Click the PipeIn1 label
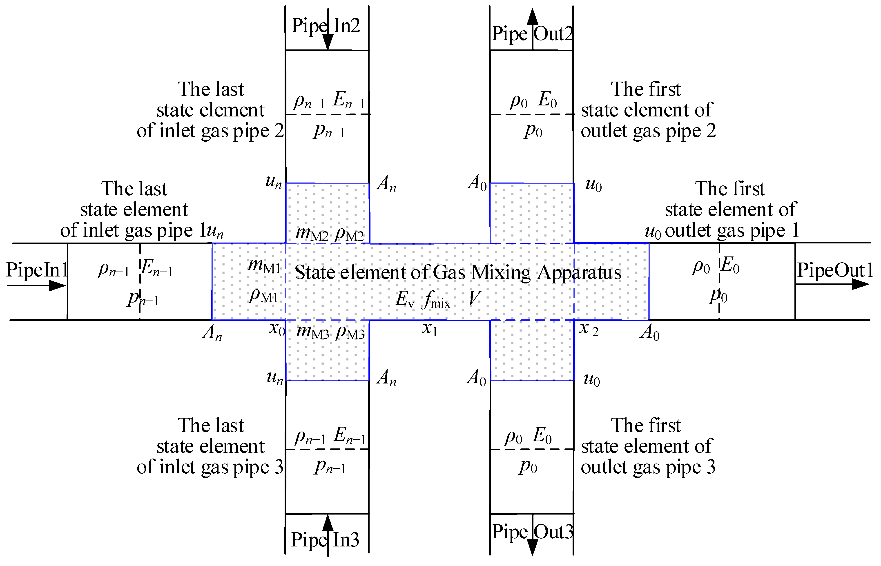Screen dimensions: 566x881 tap(37, 270)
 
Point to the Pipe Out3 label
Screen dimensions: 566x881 tap(532, 532)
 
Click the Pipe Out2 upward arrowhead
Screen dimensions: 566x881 tap(532, 17)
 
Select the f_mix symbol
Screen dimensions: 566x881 tap(436, 300)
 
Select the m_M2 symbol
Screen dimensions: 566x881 tap(312, 233)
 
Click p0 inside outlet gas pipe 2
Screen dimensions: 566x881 tap(533, 130)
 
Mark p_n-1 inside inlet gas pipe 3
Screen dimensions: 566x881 tap(330, 467)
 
